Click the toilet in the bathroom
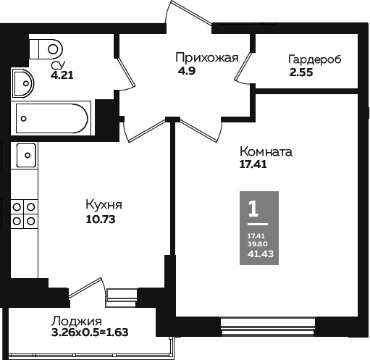(46, 49)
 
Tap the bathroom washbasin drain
(26, 83)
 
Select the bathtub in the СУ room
(51, 118)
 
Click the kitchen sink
(26, 155)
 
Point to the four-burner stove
(24, 214)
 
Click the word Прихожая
(207, 58)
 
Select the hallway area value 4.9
(187, 71)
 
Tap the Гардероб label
(315, 59)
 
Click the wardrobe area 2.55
(301, 72)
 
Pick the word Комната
(266, 152)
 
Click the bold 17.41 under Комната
(253, 164)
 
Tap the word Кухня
(104, 205)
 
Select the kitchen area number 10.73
(101, 219)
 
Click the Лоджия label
(76, 322)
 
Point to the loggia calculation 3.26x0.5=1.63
(90, 332)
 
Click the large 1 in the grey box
(253, 209)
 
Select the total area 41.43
(261, 254)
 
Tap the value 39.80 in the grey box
(258, 244)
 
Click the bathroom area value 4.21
(62, 75)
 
